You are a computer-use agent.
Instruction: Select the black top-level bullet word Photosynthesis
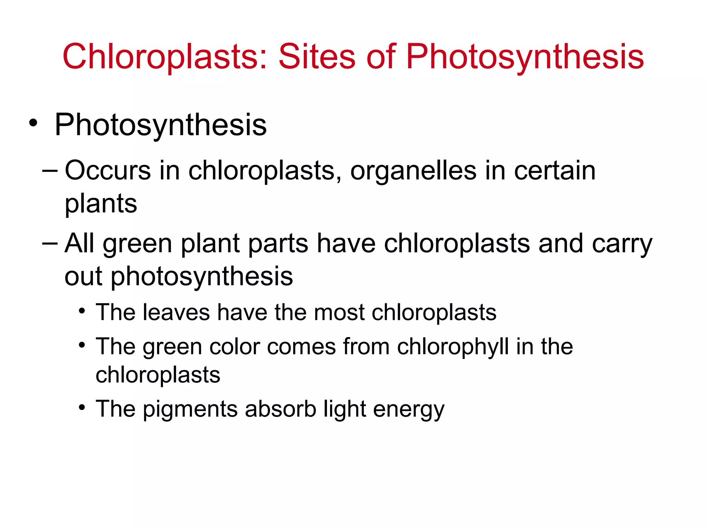coord(161,125)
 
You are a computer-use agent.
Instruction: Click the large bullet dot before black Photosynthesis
coord(33,123)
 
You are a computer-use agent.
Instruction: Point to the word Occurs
coord(108,170)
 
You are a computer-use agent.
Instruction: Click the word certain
coord(555,170)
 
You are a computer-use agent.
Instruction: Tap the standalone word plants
coord(101,204)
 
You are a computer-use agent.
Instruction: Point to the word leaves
coord(176,312)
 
